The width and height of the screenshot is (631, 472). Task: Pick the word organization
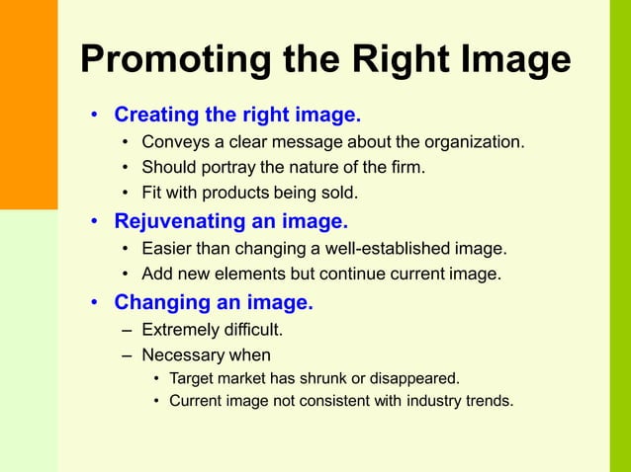coord(474,142)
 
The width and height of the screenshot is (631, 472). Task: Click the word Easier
coord(169,248)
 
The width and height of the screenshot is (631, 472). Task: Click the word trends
coord(488,401)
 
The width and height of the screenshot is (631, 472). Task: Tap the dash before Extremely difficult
coord(127,329)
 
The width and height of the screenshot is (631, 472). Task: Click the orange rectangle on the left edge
coord(29,105)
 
